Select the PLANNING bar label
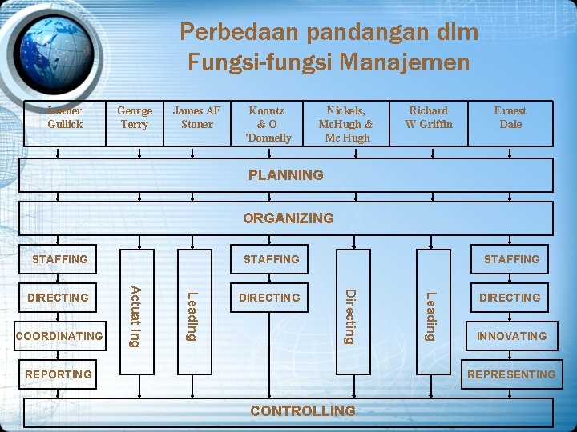286,175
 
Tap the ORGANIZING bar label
288,218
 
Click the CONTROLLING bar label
302,411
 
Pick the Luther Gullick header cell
64,118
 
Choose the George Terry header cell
135,118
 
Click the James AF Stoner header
196,118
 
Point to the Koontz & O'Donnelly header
269,124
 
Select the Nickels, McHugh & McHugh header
345,124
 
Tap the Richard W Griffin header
429,118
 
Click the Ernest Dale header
510,118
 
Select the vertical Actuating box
137,315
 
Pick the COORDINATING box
59,336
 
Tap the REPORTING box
58,374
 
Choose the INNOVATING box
511,336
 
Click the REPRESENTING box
511,374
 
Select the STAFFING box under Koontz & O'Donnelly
271,259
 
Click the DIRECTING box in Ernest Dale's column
510,298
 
